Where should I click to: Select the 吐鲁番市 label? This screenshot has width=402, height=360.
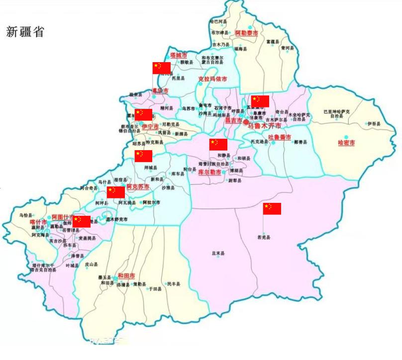[280, 137]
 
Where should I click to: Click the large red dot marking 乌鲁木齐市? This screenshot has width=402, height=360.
[246, 121]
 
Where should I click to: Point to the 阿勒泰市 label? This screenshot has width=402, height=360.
[246, 32]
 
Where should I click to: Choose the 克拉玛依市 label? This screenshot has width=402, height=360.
[212, 79]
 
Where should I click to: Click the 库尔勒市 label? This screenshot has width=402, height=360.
[209, 172]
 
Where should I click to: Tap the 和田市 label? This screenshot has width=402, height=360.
[126, 275]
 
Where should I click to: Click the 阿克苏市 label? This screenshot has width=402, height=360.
[138, 187]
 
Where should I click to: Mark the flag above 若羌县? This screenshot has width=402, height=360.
[272, 209]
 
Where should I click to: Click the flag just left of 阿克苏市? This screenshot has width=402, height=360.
[116, 192]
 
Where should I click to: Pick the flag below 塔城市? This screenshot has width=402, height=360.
[162, 68]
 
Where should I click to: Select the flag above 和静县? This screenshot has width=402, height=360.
[218, 145]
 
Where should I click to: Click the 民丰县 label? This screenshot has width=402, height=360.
[174, 284]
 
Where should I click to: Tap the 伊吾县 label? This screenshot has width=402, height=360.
[374, 124]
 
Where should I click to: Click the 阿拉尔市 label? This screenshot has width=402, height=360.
[151, 203]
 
